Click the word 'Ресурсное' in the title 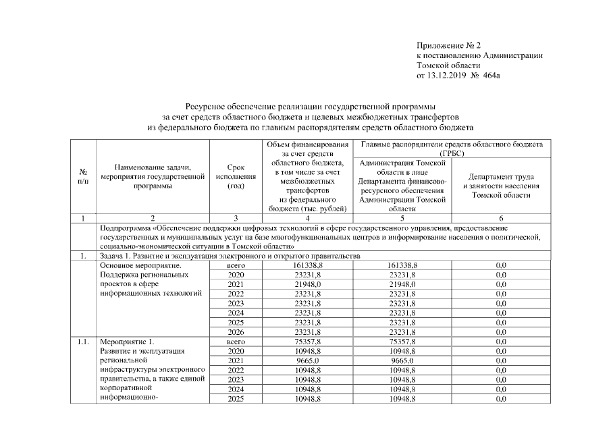[204, 107]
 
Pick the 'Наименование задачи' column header [153, 178]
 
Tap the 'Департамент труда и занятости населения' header [501, 186]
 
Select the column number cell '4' [307, 219]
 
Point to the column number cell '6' [501, 219]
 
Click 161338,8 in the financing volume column [307, 266]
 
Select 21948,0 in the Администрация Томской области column [403, 285]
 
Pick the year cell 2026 [236, 332]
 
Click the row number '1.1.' [82, 342]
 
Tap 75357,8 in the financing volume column [307, 342]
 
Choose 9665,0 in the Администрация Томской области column [403, 361]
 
